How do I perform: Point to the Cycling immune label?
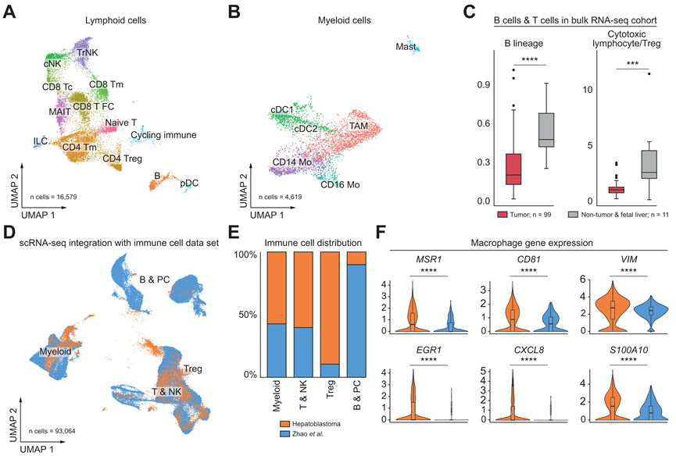click(163, 135)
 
